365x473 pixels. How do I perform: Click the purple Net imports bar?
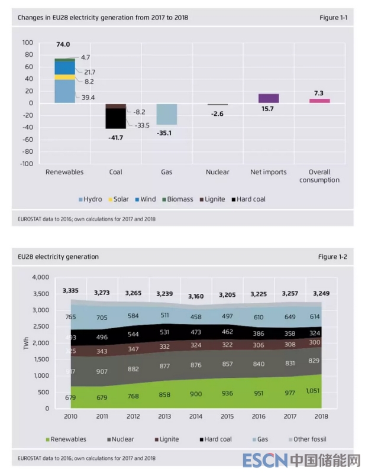coord(268,98)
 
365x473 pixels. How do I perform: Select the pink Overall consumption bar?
coord(319,101)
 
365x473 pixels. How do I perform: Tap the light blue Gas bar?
coord(167,114)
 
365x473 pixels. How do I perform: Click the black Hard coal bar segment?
coord(116,118)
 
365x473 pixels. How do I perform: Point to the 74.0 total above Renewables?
coord(63,44)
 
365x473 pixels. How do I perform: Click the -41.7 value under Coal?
coord(115,137)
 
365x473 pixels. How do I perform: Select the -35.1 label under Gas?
coord(166,134)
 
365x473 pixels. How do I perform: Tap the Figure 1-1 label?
coord(332,18)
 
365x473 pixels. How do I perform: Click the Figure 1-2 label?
coord(332,257)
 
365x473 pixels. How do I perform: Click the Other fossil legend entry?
coord(307,439)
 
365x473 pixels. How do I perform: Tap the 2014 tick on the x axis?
coord(195,417)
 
